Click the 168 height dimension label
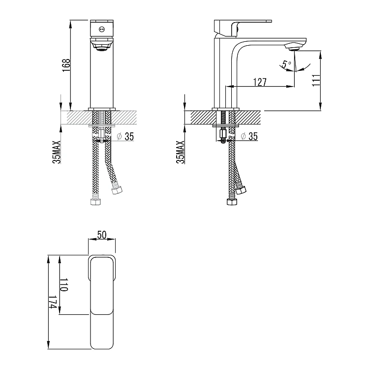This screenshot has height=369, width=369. coord(67,65)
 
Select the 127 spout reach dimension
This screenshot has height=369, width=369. coord(260,82)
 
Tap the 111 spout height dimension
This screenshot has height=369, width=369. coord(316,80)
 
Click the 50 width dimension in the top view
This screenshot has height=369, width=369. coord(102,235)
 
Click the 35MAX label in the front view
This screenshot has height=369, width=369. coord(58,152)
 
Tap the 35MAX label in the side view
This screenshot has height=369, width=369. coord(180,152)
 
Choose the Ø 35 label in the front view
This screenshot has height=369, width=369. coord(125,137)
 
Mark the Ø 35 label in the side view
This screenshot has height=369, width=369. coord(249,136)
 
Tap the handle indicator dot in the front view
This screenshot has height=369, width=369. coord(102,29)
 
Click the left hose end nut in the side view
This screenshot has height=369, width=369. coord(229,202)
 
